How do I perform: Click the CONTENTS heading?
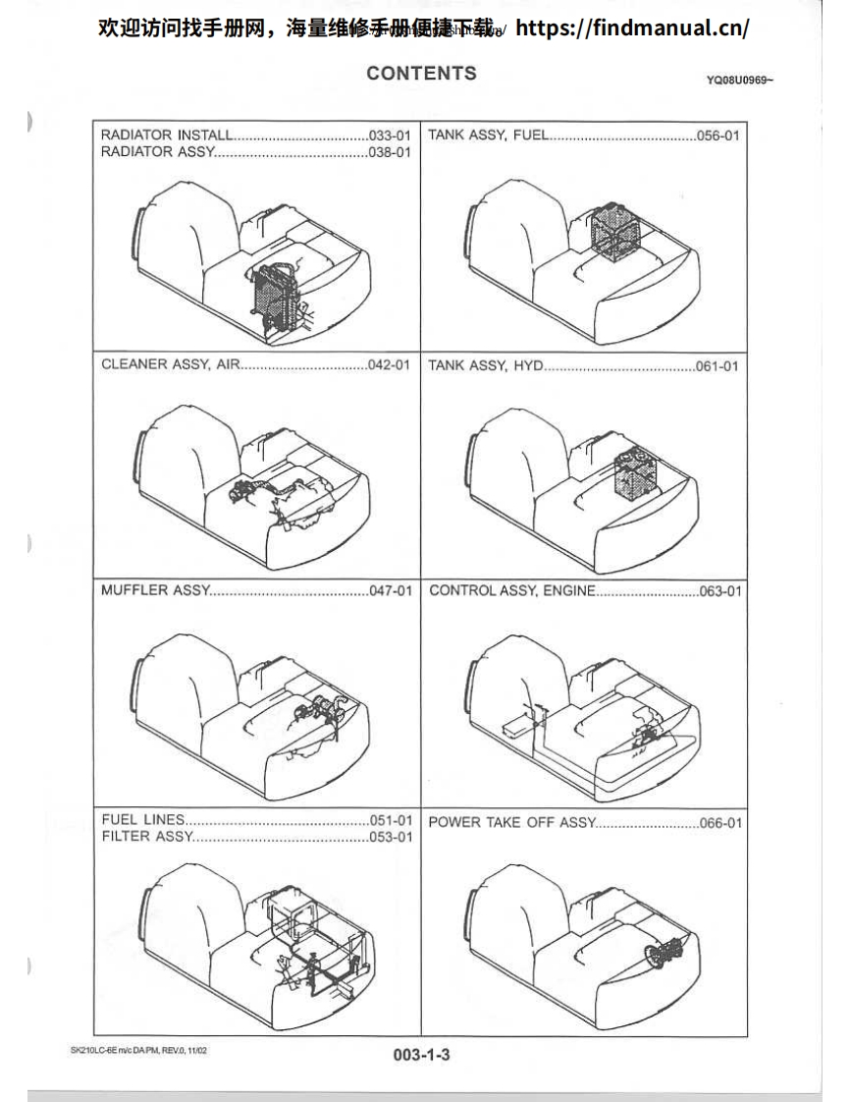421,74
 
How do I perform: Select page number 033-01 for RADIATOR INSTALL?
389,136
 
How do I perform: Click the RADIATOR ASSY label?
157,152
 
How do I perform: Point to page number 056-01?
717,136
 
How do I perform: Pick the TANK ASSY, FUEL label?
488,136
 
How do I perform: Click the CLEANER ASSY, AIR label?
170,365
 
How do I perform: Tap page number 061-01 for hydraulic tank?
717,365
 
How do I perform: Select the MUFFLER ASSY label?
155,590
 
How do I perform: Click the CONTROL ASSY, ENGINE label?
511,590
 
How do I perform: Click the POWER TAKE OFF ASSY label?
511,822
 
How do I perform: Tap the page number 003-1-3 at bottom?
421,1054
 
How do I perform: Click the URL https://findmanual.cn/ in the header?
632,28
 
